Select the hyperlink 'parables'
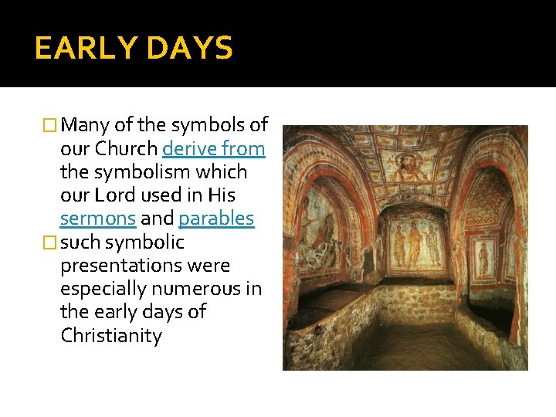216,219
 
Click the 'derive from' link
214,148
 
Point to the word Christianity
110,336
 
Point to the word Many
85,125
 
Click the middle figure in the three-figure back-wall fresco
415,243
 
